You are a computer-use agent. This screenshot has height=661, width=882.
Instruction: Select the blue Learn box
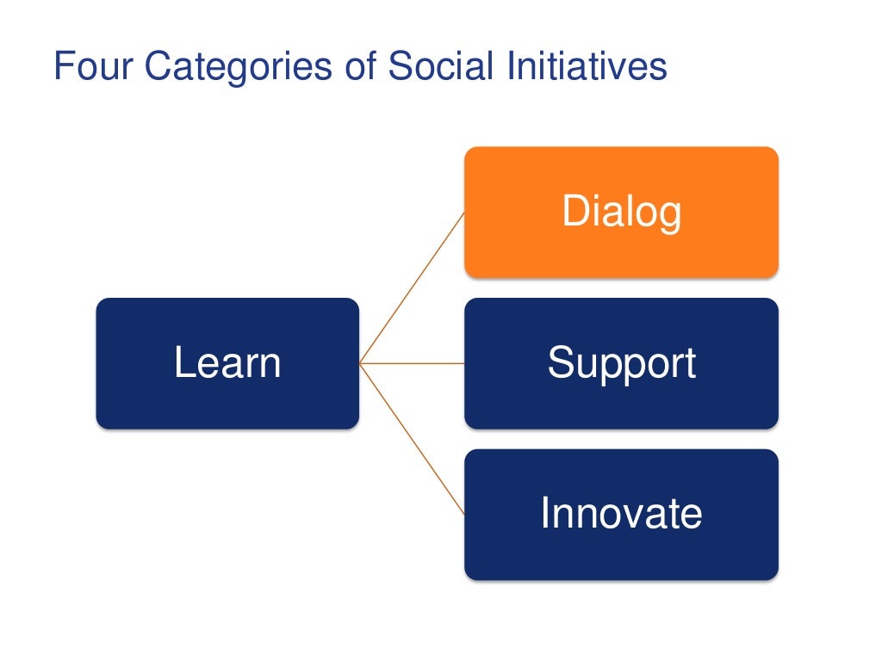point(227,363)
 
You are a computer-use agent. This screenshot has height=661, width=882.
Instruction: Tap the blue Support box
point(621,363)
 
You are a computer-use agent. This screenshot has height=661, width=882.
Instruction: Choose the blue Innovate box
point(621,514)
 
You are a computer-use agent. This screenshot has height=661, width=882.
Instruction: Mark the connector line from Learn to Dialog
point(412,288)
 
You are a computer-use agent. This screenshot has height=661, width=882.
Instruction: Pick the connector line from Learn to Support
point(412,363)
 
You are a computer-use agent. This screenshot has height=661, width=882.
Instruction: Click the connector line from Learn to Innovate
point(412,438)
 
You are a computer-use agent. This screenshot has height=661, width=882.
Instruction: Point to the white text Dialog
point(621,212)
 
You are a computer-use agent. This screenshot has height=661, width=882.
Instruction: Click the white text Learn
point(227,362)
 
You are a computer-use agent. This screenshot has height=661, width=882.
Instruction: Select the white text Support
point(621,362)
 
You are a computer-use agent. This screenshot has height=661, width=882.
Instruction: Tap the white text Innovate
point(621,513)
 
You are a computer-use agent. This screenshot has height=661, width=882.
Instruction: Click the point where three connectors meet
point(360,363)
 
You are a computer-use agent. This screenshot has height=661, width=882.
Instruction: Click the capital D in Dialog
point(575,211)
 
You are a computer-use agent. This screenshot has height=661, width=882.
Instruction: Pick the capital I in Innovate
point(545,513)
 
